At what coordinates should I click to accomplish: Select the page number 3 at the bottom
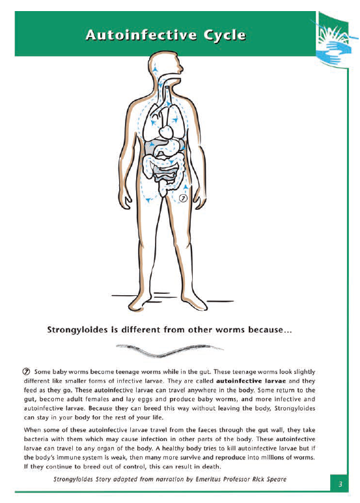point(340,484)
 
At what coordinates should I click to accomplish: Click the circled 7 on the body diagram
point(184,198)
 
